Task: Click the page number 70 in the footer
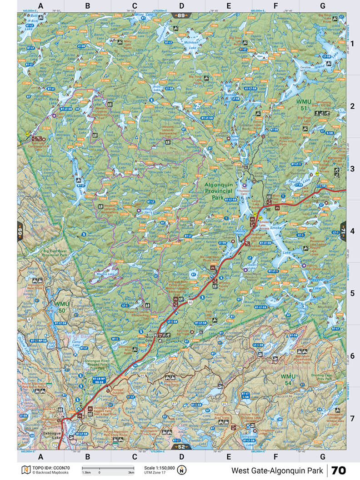[x=339, y=470]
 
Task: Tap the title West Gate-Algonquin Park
[x=277, y=470]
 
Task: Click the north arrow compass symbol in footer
[x=182, y=470]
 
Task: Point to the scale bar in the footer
[x=108, y=468]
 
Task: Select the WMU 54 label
[x=288, y=377]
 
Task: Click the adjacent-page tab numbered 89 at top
[x=181, y=15]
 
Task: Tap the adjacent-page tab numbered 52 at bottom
[x=181, y=447]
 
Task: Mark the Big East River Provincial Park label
[x=59, y=253]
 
